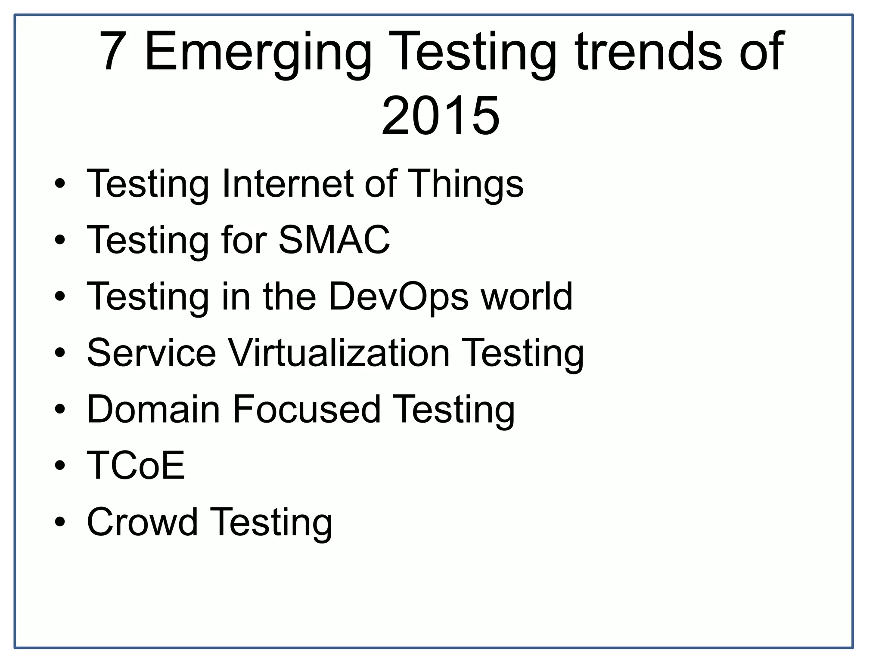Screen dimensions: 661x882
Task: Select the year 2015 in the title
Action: point(441,116)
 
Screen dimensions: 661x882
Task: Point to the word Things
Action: point(467,184)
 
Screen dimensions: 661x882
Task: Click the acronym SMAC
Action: point(334,240)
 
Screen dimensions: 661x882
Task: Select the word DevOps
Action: point(398,297)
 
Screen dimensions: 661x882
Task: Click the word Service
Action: point(151,353)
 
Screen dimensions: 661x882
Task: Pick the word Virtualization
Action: point(339,353)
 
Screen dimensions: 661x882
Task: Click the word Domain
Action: point(153,409)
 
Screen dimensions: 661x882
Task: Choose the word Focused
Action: point(307,409)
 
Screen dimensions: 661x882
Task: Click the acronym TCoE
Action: point(136,465)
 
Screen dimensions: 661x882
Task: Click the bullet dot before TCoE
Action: point(60,466)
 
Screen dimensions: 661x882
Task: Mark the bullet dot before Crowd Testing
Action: point(60,522)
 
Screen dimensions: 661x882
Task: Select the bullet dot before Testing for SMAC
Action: point(60,240)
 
